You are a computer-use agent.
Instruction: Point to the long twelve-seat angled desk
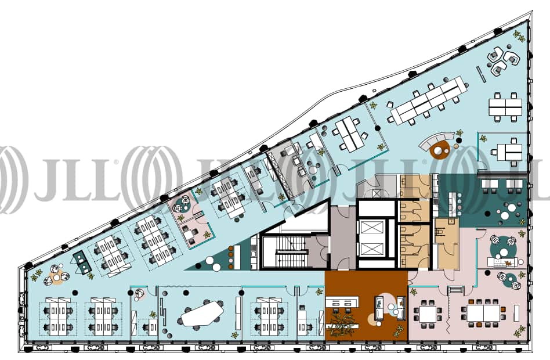pyautogui.click(x=429, y=99)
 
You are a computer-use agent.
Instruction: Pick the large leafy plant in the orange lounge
pyautogui.click(x=342, y=321)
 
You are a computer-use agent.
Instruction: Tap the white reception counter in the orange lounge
pyautogui.click(x=342, y=303)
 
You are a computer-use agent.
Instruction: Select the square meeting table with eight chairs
pyautogui.click(x=428, y=314)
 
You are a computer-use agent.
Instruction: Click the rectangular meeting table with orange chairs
pyautogui.click(x=483, y=314)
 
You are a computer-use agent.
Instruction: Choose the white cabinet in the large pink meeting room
pyautogui.click(x=516, y=312)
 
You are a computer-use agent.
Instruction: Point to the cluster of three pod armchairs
pyautogui.click(x=501, y=61)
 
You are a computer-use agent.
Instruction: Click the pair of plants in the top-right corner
pyautogui.click(x=519, y=35)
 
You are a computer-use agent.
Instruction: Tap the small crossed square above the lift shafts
pyautogui.click(x=377, y=193)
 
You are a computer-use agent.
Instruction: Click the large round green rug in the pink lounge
pyautogui.click(x=504, y=248)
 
